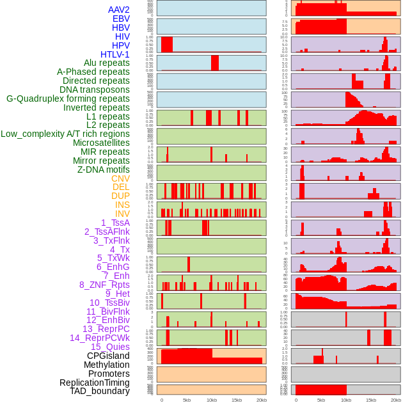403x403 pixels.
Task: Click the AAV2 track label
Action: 119,10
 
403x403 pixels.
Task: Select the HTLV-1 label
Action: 115,54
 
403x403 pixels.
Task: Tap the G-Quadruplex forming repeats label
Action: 68,99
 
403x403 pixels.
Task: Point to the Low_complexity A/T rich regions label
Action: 65,134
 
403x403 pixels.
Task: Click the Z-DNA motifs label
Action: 104,170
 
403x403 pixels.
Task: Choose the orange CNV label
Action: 120,178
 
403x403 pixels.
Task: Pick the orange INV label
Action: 122,214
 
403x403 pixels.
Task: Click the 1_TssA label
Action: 115,223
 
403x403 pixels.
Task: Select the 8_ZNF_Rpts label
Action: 104,285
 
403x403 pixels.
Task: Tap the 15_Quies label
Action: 110,347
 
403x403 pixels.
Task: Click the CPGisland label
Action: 108,356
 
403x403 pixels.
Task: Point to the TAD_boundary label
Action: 100,391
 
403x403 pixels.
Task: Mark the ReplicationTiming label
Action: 95,383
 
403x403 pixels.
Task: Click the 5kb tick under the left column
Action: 187,400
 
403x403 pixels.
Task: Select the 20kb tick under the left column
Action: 261,400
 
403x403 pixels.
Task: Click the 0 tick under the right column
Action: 296,400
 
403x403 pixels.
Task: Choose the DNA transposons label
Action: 95,90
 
